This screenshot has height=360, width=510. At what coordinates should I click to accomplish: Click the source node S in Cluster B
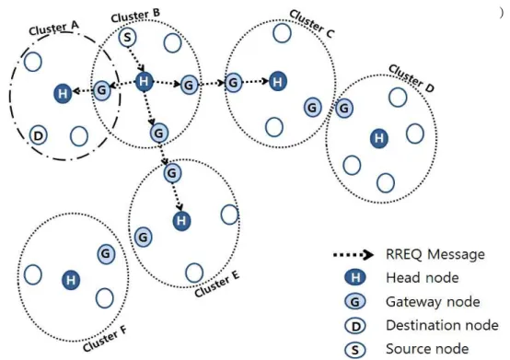[x=127, y=38]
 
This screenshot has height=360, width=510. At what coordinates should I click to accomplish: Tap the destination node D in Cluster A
[x=39, y=135]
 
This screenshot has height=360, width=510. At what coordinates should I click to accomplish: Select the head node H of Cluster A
[x=63, y=94]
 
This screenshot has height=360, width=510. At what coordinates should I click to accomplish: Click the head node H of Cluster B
[x=144, y=81]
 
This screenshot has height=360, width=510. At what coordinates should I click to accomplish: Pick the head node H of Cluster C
[x=278, y=81]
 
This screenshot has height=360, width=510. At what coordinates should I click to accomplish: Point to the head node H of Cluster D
[x=379, y=138]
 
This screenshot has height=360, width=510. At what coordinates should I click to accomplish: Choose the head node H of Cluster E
[x=181, y=221]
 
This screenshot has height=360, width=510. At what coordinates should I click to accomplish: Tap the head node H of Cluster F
[x=71, y=280]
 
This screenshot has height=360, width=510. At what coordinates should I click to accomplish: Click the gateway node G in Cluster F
[x=106, y=254]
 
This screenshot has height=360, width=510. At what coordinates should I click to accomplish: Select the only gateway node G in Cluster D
[x=344, y=108]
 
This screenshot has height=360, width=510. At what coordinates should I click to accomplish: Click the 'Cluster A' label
[x=54, y=29]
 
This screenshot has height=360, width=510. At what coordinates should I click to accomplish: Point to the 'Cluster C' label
[x=311, y=23]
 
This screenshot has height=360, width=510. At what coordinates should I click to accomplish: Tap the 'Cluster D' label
[x=411, y=78]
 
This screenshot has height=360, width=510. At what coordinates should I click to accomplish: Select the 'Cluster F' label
[x=105, y=339]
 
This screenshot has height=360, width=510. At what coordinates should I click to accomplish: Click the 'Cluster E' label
[x=217, y=284]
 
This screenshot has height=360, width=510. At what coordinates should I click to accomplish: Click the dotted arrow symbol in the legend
[x=354, y=255]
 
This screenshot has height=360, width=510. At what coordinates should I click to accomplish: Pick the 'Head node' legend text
[x=423, y=278]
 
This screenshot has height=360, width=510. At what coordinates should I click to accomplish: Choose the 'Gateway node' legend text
[x=433, y=302]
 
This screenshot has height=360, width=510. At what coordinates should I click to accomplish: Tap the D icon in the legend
[x=355, y=326]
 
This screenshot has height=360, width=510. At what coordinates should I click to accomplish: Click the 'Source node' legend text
[x=427, y=349]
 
